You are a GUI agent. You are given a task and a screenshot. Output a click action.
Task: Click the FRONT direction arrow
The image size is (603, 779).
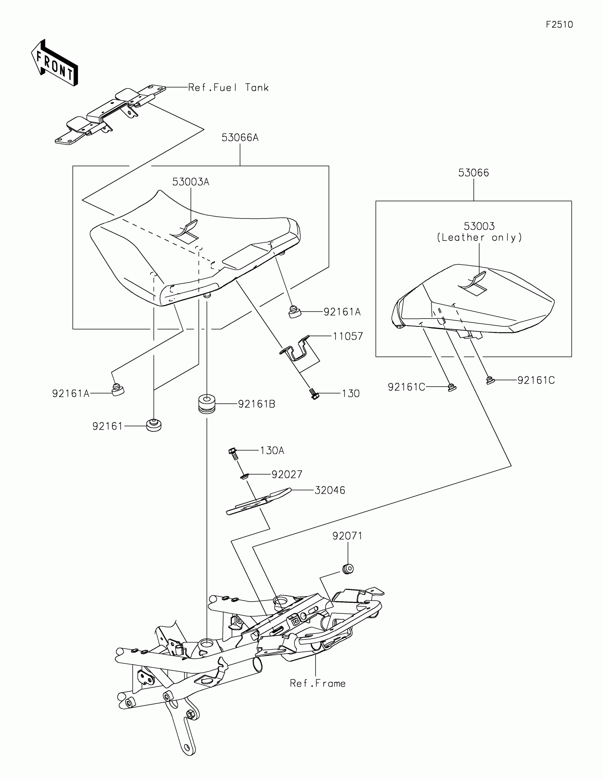point(54,63)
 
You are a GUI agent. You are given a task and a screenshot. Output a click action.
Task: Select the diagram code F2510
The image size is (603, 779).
point(559,24)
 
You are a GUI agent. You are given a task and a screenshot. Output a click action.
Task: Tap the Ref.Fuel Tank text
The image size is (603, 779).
point(228,88)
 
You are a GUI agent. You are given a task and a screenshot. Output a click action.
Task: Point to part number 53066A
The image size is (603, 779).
point(240,138)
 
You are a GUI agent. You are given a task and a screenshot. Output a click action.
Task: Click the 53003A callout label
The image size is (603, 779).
point(190,182)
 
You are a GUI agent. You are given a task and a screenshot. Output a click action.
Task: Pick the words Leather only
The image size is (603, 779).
point(479,238)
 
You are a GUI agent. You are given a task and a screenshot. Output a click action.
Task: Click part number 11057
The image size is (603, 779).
point(348,336)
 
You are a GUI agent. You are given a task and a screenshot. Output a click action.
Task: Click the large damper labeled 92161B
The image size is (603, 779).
point(207,403)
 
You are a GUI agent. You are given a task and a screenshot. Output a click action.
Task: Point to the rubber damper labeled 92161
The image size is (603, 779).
point(154,425)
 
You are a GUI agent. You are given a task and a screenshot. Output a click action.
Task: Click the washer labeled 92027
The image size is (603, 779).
point(244,476)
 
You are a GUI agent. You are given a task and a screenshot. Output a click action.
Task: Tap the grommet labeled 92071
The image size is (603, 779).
point(348,568)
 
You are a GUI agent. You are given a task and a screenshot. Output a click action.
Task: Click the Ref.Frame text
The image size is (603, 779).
point(317,684)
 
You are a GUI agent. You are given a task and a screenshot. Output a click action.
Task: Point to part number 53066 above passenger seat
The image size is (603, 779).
point(473,173)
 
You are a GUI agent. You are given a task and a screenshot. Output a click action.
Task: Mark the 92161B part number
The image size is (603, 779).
point(256,404)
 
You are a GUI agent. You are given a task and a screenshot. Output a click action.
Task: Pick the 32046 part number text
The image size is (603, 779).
point(330,491)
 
